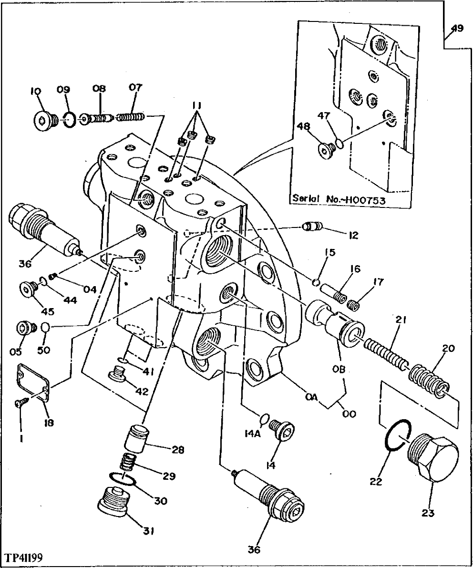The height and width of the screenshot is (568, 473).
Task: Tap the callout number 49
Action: [x=457, y=29]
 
